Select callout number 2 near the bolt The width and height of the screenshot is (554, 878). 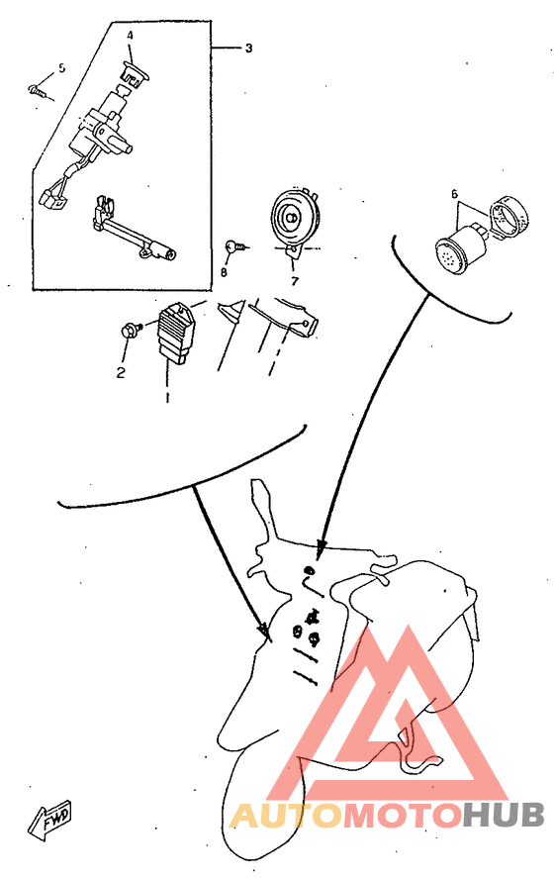click(x=121, y=372)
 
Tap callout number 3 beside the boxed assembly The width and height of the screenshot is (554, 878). click(x=248, y=49)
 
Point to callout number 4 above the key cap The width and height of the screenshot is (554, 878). click(x=130, y=36)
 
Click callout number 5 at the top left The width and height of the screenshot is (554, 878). click(x=61, y=67)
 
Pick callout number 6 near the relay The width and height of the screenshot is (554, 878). click(x=455, y=194)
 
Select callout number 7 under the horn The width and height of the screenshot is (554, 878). click(x=295, y=280)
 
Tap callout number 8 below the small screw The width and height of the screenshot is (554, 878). click(x=224, y=271)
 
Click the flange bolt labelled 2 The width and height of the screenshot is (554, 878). click(x=130, y=329)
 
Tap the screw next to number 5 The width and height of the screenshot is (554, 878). click(x=38, y=90)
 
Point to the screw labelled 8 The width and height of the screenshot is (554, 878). click(x=235, y=245)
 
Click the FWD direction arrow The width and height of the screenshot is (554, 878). click(x=49, y=820)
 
